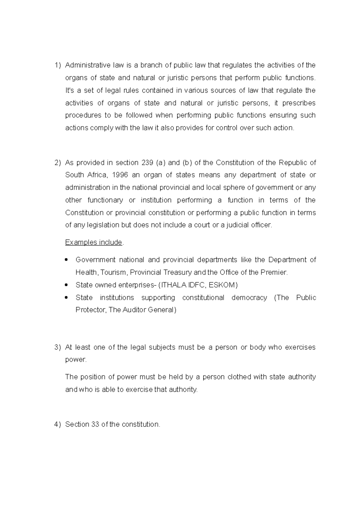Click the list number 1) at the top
point(57,65)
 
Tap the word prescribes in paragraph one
point(299,103)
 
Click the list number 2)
point(57,163)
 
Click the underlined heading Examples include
point(94,242)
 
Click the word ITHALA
point(174,285)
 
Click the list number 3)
point(57,348)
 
